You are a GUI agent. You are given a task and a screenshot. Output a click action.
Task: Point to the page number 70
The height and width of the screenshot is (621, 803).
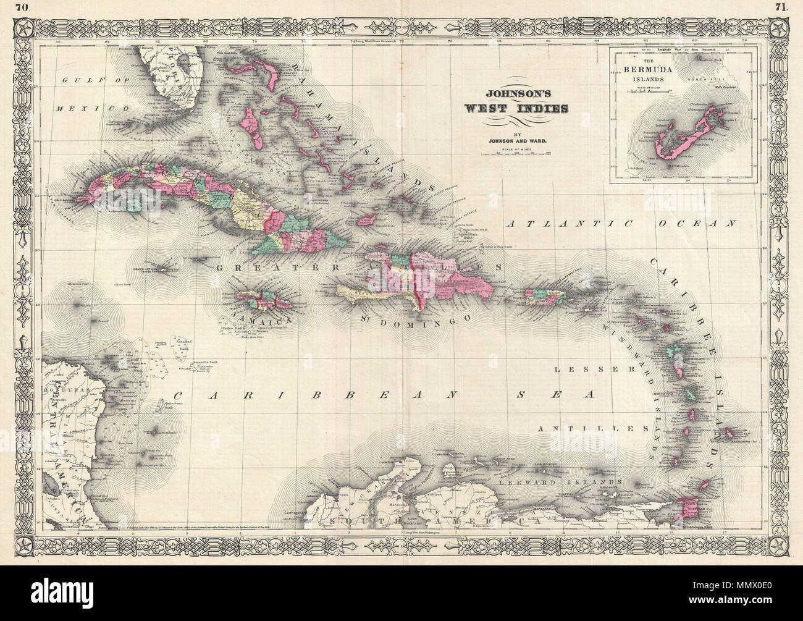coord(25,7)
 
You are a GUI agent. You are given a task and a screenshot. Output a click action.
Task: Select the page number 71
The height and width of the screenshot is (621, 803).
coord(778,7)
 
